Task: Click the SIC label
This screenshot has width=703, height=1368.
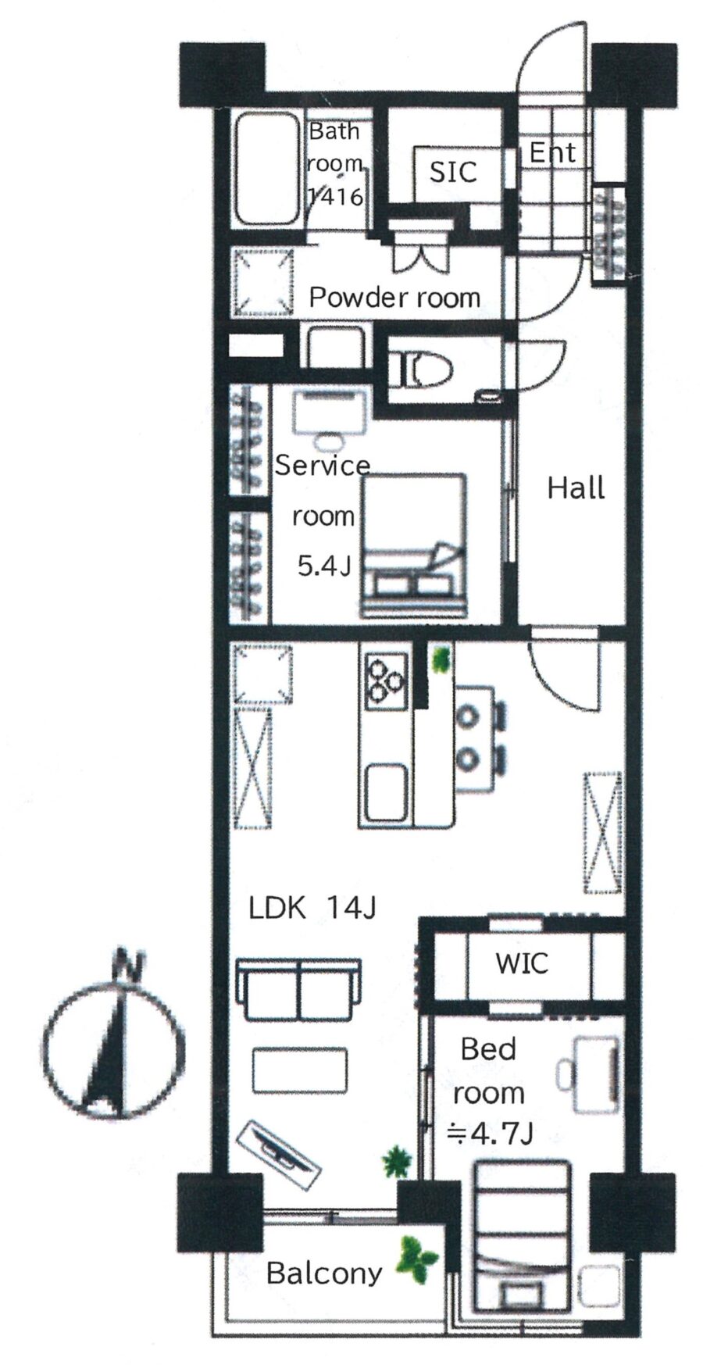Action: [x=453, y=171]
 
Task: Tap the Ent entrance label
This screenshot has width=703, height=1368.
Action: [x=552, y=152]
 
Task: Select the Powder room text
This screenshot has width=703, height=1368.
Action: [x=394, y=298]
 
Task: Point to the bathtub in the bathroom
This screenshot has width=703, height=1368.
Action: [x=269, y=170]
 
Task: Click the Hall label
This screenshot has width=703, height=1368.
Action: [x=576, y=488]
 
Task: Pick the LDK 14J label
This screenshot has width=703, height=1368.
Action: [x=312, y=908]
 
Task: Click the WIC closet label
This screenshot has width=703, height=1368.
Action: [x=521, y=963]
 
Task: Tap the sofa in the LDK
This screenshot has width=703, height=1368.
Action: [x=299, y=989]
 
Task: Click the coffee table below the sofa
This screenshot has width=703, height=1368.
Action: [x=300, y=1071]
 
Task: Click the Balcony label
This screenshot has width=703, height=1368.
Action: [x=324, y=1273]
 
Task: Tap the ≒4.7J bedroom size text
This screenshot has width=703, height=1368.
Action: [x=489, y=1134]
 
